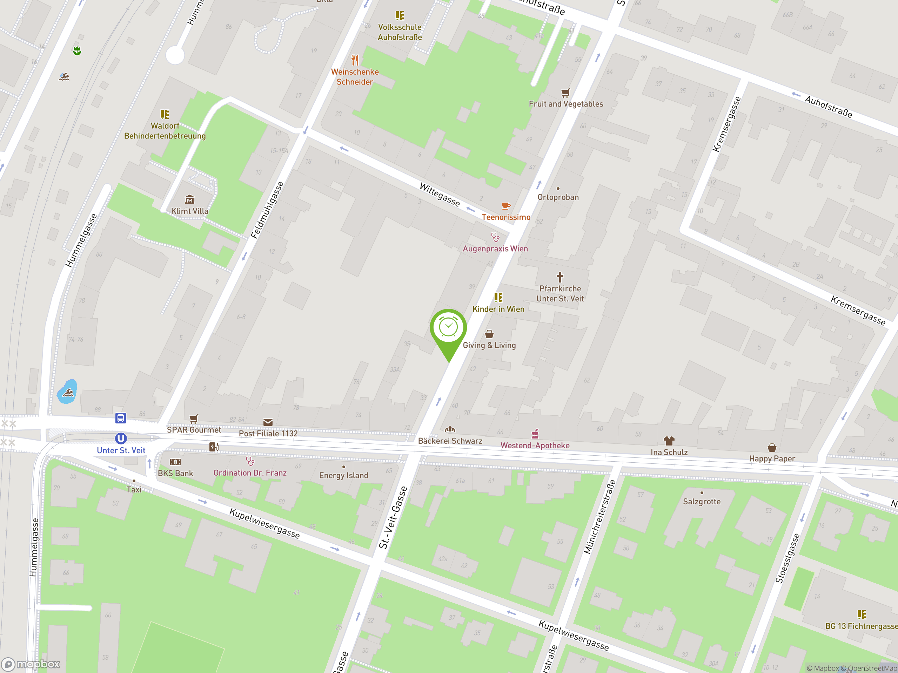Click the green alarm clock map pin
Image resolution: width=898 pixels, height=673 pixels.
point(448,328)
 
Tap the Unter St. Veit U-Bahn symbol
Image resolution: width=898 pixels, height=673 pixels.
point(121,438)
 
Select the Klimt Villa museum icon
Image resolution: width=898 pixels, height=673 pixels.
point(189,199)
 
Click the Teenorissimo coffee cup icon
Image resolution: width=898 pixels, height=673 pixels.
point(505,206)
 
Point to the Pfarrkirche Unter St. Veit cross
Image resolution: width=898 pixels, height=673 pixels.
point(560,277)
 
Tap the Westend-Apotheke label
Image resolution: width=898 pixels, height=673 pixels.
point(535,446)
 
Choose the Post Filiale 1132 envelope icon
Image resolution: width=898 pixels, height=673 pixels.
point(268,422)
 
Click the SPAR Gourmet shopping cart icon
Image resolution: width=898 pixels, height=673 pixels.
point(194,418)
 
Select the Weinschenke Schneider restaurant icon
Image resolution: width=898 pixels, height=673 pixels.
point(355,60)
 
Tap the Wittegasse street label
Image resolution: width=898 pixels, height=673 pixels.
point(440,195)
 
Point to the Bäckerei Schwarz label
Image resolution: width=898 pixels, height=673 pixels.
point(450,441)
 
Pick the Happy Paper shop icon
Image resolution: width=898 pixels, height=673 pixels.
point(772,448)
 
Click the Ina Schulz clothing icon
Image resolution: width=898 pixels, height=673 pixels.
point(669,441)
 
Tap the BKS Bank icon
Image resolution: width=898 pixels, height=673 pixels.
point(175,462)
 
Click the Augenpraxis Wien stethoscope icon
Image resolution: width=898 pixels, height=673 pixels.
point(495,237)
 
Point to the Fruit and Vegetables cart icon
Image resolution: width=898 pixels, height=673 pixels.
point(565,93)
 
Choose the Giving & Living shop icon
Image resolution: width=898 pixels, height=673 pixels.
point(489,334)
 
